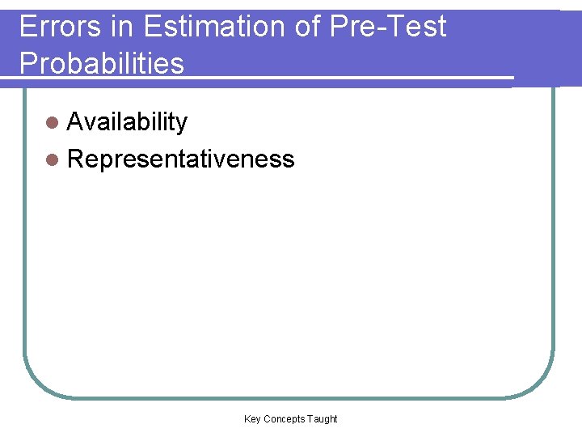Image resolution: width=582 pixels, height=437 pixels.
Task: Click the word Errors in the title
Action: [x=61, y=27]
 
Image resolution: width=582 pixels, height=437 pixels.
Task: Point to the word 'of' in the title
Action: [x=308, y=27]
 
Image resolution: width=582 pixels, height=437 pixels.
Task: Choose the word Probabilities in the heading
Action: [x=102, y=62]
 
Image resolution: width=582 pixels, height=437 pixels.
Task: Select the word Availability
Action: [x=127, y=122]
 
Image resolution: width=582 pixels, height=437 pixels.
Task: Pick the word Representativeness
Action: [x=181, y=159]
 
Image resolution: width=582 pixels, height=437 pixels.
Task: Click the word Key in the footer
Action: [x=252, y=418]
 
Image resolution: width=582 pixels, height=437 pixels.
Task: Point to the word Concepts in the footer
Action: [x=284, y=418]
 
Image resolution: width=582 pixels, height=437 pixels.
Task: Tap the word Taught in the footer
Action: [x=323, y=418]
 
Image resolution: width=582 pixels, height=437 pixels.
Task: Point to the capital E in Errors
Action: [x=26, y=27]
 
